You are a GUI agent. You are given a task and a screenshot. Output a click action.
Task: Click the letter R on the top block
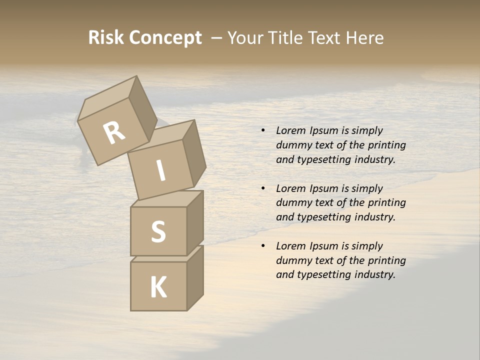[x=114, y=133]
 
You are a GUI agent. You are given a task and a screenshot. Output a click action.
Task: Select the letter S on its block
[x=158, y=232]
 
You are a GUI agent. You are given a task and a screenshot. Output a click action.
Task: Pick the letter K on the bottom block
[x=158, y=287]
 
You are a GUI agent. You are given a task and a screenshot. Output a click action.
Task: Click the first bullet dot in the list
[x=263, y=130]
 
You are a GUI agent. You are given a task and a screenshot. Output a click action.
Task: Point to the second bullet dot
[x=263, y=188]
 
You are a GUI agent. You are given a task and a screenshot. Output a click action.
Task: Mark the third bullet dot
[x=263, y=246]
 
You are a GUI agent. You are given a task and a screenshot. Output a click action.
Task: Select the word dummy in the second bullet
[x=293, y=202]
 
